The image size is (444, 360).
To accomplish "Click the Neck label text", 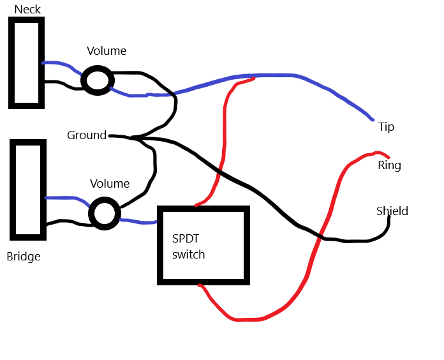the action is click(27, 10).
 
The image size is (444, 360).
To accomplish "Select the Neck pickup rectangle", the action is click(11, 63).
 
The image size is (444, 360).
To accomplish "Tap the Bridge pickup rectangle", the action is click(13, 190).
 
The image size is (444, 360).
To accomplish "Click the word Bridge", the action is click(24, 257).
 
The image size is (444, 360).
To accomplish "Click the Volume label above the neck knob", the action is click(107, 51).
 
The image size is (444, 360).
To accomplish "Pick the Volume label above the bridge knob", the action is click(110, 184).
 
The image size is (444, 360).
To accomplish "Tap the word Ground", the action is click(87, 135).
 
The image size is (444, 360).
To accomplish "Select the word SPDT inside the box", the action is click(186, 239).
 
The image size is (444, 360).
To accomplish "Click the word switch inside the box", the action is click(189, 254).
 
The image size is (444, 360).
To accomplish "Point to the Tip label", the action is click(386, 127).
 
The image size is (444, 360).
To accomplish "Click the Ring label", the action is click(389, 165).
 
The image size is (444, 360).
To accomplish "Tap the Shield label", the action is click(392, 211).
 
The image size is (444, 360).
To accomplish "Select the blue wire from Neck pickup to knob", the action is click(63, 64).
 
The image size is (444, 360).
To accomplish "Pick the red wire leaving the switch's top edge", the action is click(225, 136).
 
